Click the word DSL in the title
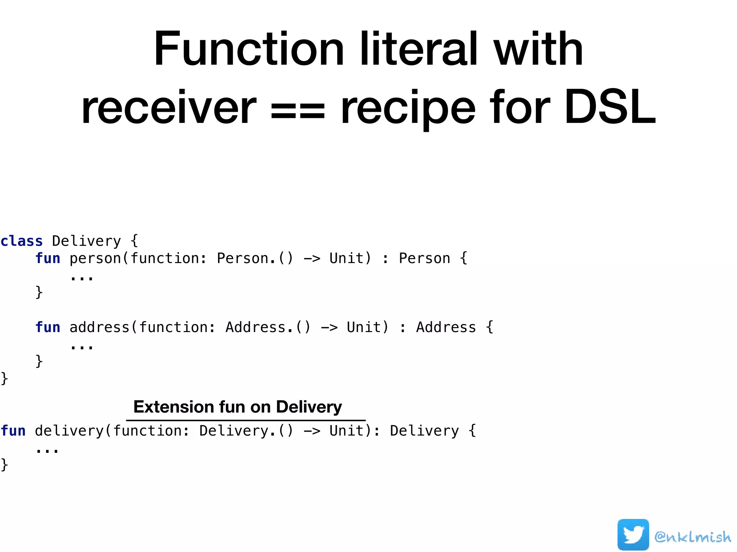pyautogui.click(x=610, y=107)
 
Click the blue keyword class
pyautogui.click(x=22, y=241)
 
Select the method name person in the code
pyautogui.click(x=95, y=258)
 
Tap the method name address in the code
pyautogui.click(x=99, y=327)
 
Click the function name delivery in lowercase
pyautogui.click(x=69, y=431)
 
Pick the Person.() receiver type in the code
pyautogui.click(x=255, y=258)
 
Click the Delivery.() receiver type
pyautogui.click(x=247, y=431)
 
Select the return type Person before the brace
pyautogui.click(x=425, y=258)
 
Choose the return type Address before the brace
pyautogui.click(x=446, y=327)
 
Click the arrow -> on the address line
pyautogui.click(x=329, y=327)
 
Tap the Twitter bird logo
pyautogui.click(x=633, y=535)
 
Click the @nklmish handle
pyautogui.click(x=693, y=537)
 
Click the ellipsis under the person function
pyautogui.click(x=82, y=277)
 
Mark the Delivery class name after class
pyautogui.click(x=86, y=241)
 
